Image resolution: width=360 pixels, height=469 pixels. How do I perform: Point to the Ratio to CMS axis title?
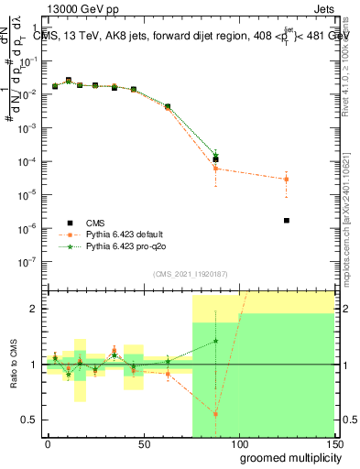pyautogui.click(x=14, y=365)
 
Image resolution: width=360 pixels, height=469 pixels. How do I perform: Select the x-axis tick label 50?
pyautogui.click(x=144, y=443)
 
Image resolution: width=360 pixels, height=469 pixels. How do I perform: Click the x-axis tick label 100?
pyautogui.click(x=238, y=443)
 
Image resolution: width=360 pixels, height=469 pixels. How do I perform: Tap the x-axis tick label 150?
pyautogui.click(x=333, y=443)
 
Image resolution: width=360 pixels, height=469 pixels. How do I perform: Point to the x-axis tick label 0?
pyautogui.click(x=48, y=443)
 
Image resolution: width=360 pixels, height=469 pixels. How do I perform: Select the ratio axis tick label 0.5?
pyautogui.click(x=30, y=420)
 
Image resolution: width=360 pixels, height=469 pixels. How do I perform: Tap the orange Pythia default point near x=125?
pyautogui.click(x=287, y=179)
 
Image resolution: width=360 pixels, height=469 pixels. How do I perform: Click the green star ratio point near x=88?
pyautogui.click(x=215, y=341)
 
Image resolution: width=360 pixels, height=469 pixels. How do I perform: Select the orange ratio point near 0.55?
pyautogui.click(x=215, y=414)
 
